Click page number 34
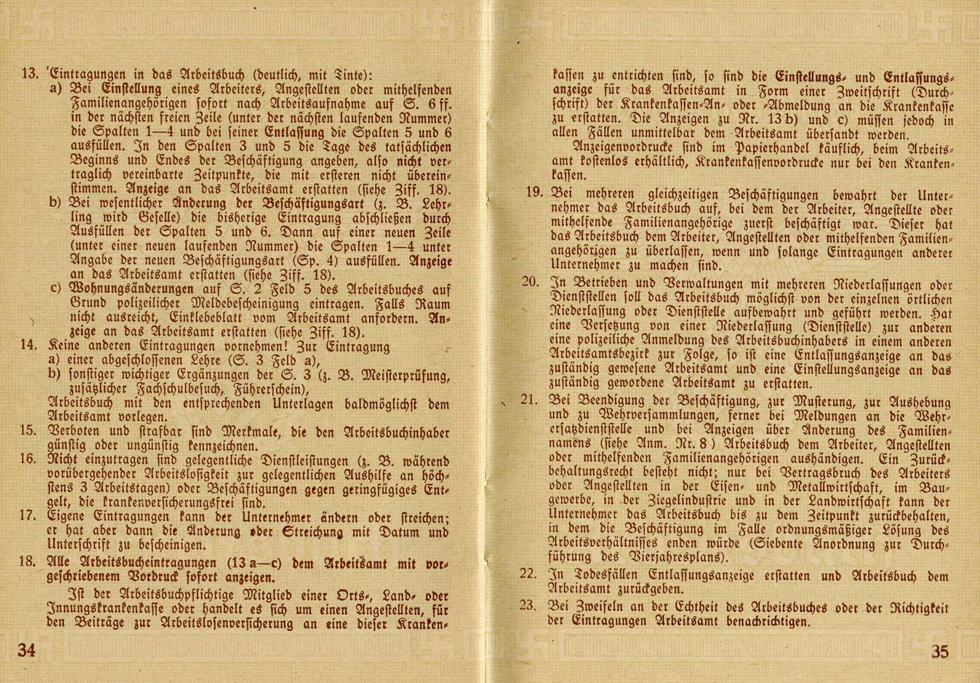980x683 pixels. [26, 650]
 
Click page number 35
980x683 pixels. [939, 652]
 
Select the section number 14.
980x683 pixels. [28, 346]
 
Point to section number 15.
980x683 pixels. [28, 430]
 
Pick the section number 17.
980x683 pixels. [28, 516]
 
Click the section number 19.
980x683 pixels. [534, 192]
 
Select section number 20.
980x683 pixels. [531, 281]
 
